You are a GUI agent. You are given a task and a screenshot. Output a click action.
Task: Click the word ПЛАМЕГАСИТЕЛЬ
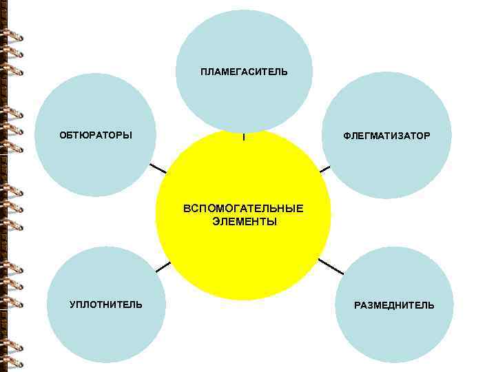(x=244, y=72)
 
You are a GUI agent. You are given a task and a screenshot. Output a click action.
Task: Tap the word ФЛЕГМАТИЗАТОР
(x=386, y=136)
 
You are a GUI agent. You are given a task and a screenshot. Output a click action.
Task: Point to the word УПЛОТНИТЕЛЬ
(x=106, y=304)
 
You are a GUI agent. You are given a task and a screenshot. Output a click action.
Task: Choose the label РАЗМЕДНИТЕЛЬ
(x=394, y=305)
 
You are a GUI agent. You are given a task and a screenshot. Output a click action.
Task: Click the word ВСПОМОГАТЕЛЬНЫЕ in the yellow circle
(x=243, y=208)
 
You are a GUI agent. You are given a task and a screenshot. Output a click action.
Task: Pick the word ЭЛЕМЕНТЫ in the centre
(x=244, y=222)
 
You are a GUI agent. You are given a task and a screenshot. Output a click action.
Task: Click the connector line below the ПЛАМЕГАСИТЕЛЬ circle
(x=243, y=137)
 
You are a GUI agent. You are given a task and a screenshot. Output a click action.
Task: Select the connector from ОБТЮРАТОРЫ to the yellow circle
(x=158, y=167)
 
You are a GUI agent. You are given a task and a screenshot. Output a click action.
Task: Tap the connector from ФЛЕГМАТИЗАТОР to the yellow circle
(x=325, y=168)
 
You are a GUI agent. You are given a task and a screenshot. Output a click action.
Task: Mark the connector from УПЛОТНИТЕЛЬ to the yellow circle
(x=163, y=267)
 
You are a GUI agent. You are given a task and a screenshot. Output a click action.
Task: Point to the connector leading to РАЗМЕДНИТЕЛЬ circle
(x=330, y=266)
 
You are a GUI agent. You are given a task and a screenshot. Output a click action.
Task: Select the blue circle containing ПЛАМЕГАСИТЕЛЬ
(x=244, y=41)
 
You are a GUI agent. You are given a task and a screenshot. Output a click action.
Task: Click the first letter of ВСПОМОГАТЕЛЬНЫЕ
(x=186, y=208)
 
